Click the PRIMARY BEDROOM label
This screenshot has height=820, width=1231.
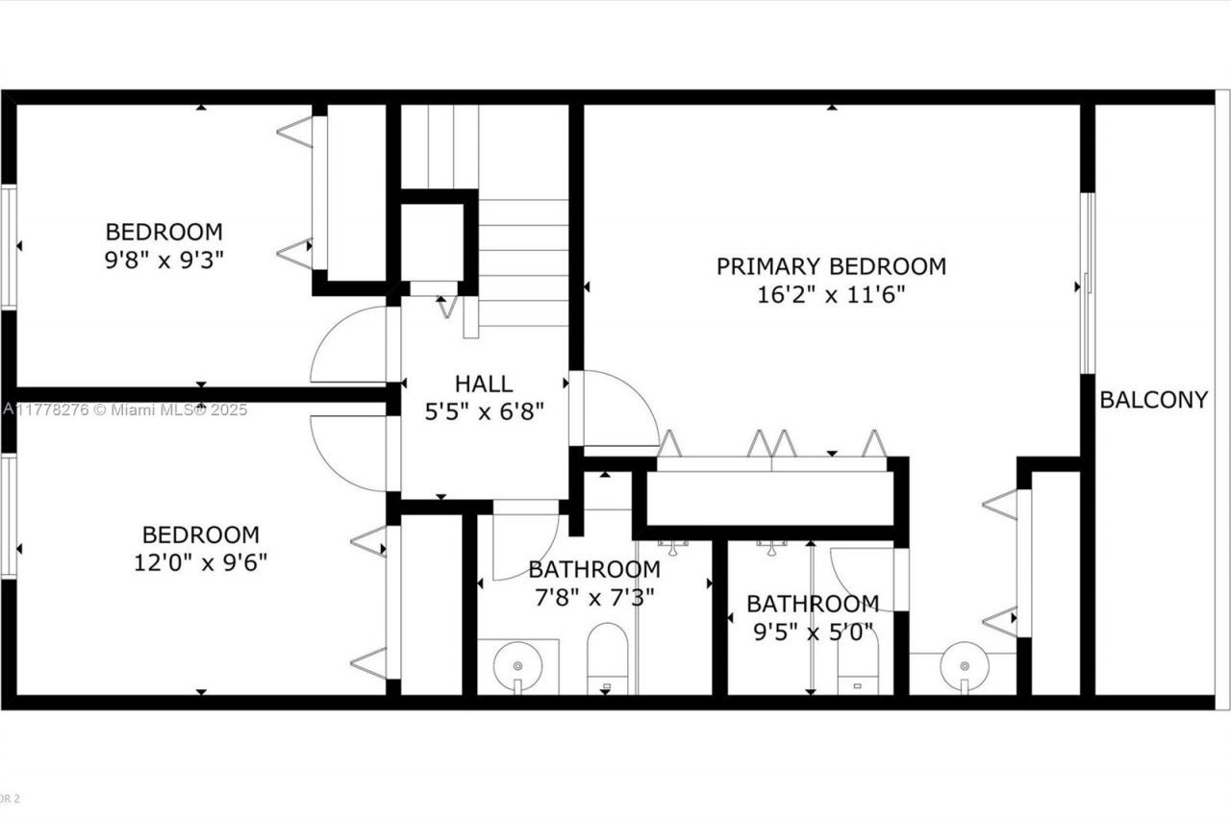pyautogui.click(x=831, y=266)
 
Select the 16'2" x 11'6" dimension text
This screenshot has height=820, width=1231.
pyautogui.click(x=831, y=294)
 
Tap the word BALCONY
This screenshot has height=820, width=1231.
pyautogui.click(x=1153, y=400)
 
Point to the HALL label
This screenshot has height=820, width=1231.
pyautogui.click(x=484, y=385)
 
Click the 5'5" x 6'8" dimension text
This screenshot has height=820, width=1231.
pyautogui.click(x=485, y=411)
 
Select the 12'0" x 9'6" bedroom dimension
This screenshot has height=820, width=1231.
pyautogui.click(x=200, y=561)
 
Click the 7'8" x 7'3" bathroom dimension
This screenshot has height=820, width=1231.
pyautogui.click(x=594, y=597)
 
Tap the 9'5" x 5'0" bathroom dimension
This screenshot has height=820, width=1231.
pyautogui.click(x=813, y=632)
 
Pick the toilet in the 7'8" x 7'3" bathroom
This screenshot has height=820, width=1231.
pyautogui.click(x=607, y=659)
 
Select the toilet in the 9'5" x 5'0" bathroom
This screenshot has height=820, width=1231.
pyautogui.click(x=857, y=663)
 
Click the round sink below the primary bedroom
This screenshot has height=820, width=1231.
pyautogui.click(x=963, y=663)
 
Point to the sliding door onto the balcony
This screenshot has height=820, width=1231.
pyautogui.click(x=1088, y=283)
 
